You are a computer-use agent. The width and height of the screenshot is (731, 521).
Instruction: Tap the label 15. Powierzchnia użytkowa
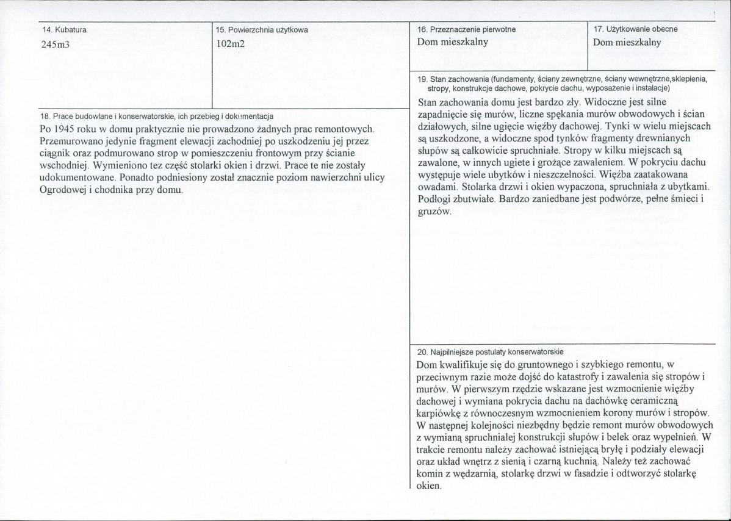[262, 29]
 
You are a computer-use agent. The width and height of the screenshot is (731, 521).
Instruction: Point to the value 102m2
[230, 43]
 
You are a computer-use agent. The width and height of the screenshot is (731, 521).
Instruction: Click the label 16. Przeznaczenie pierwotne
[467, 29]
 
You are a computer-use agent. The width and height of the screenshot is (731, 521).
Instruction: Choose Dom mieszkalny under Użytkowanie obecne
[627, 43]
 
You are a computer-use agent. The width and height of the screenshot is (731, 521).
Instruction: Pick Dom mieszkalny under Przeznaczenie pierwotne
[452, 43]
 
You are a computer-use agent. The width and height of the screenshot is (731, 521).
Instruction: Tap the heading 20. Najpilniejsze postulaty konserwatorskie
[490, 352]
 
